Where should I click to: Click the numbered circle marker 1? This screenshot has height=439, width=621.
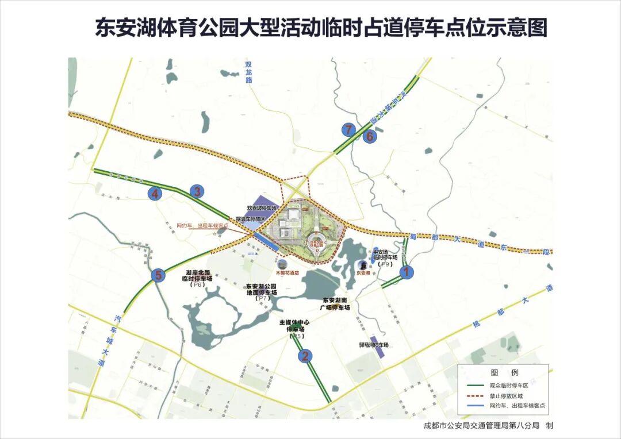click(407, 272)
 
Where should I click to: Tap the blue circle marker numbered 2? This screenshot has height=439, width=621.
click(305, 356)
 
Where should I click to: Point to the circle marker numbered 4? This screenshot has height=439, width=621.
click(155, 194)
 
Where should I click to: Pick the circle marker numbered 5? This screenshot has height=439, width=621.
click(159, 275)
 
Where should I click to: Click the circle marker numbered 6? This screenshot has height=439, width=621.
click(370, 136)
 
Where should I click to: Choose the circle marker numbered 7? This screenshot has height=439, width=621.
click(348, 129)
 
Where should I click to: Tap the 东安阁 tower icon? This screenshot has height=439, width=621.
click(363, 265)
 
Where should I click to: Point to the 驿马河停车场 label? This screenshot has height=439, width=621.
click(370, 345)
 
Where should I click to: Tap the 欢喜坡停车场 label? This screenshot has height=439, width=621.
click(262, 207)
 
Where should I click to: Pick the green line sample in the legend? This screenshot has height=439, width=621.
click(471, 386)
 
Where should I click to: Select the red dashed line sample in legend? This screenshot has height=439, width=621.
click(471, 395)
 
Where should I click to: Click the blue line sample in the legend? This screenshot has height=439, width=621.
click(471, 405)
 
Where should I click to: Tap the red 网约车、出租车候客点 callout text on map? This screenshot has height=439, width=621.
click(202, 226)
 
